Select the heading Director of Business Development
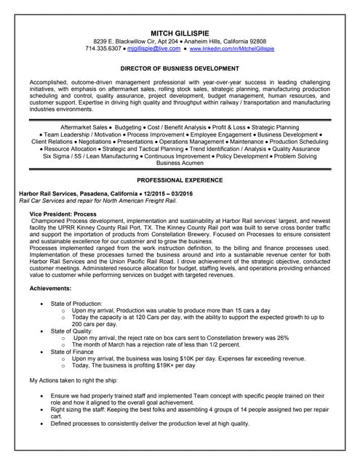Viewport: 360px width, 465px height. pos(180,68)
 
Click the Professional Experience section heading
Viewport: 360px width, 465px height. pos(180,179)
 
